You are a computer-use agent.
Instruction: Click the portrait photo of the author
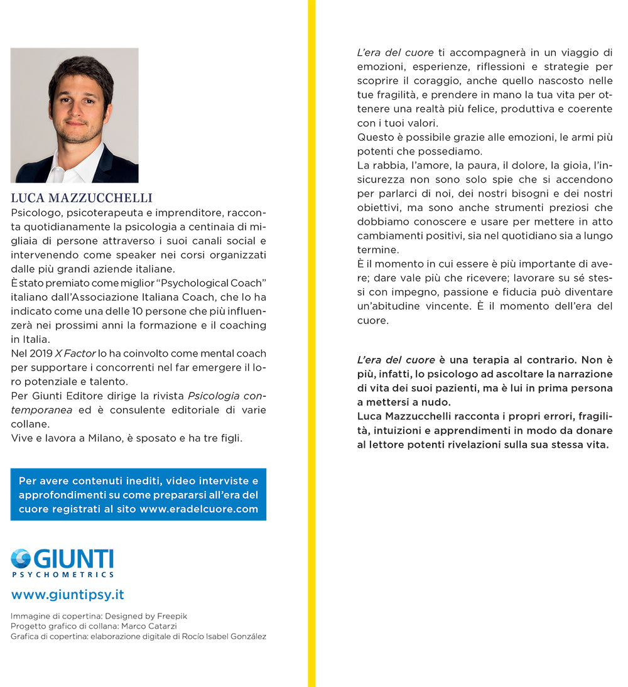74,115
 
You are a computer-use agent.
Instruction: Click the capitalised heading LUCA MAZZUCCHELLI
82,198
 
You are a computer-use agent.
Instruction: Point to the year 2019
40,354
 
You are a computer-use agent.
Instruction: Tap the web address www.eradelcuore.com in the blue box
199,509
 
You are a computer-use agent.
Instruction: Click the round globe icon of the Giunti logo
21,558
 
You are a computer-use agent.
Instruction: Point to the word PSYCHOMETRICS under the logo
63,574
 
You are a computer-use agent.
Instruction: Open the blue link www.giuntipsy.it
67,594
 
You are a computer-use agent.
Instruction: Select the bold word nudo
436,402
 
